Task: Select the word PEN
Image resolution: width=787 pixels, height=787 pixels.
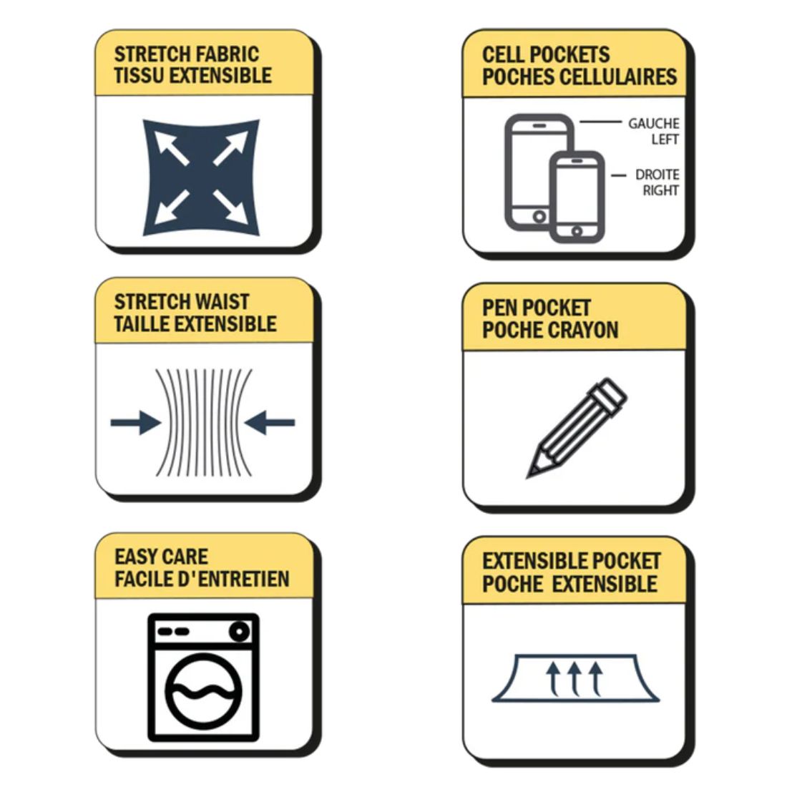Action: [500, 308]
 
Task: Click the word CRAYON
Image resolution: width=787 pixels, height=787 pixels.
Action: [585, 330]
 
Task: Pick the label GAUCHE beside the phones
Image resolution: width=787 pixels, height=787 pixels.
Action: [653, 124]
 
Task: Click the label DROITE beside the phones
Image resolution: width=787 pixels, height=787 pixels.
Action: [657, 175]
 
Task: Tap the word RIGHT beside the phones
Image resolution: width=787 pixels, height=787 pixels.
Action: [660, 191]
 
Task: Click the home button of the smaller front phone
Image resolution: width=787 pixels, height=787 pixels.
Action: [577, 231]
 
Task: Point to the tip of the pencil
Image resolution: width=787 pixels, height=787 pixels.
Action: [528, 476]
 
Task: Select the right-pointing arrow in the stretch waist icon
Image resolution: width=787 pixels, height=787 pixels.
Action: [136, 423]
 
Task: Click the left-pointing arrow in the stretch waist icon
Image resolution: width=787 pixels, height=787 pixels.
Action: [270, 423]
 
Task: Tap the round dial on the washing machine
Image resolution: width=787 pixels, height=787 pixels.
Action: [240, 631]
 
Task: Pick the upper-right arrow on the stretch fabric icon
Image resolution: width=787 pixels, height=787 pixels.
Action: [231, 148]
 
